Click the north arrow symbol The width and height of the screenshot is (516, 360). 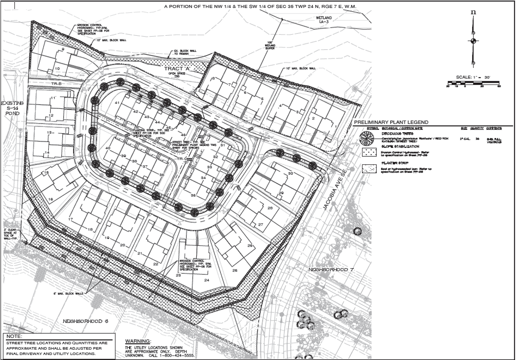pyautogui.click(x=473, y=41)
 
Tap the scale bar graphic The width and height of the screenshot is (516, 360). pyautogui.click(x=473, y=83)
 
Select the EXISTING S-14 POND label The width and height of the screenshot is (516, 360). pyautogui.click(x=13, y=109)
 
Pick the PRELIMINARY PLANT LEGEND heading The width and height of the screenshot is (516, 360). pyautogui.click(x=391, y=122)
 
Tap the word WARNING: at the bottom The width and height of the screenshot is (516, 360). pyautogui.click(x=138, y=341)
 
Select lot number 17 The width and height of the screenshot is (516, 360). pyautogui.click(x=71, y=220)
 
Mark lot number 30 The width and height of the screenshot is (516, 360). pyautogui.click(x=291, y=173)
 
